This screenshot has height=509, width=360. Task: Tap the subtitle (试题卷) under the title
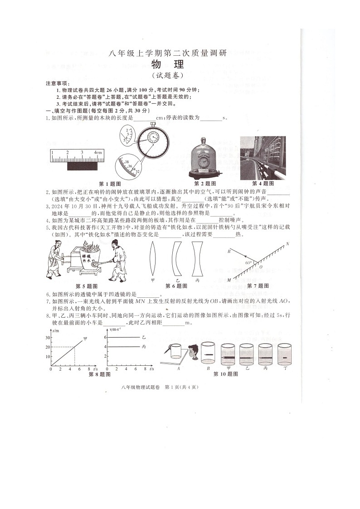click(x=169, y=76)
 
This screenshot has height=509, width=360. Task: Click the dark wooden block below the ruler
click(x=83, y=166)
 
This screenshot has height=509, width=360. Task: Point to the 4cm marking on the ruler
click(x=98, y=153)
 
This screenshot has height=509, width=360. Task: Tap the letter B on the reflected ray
click(x=229, y=251)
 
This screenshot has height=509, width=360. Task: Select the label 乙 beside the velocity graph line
click(x=144, y=338)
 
